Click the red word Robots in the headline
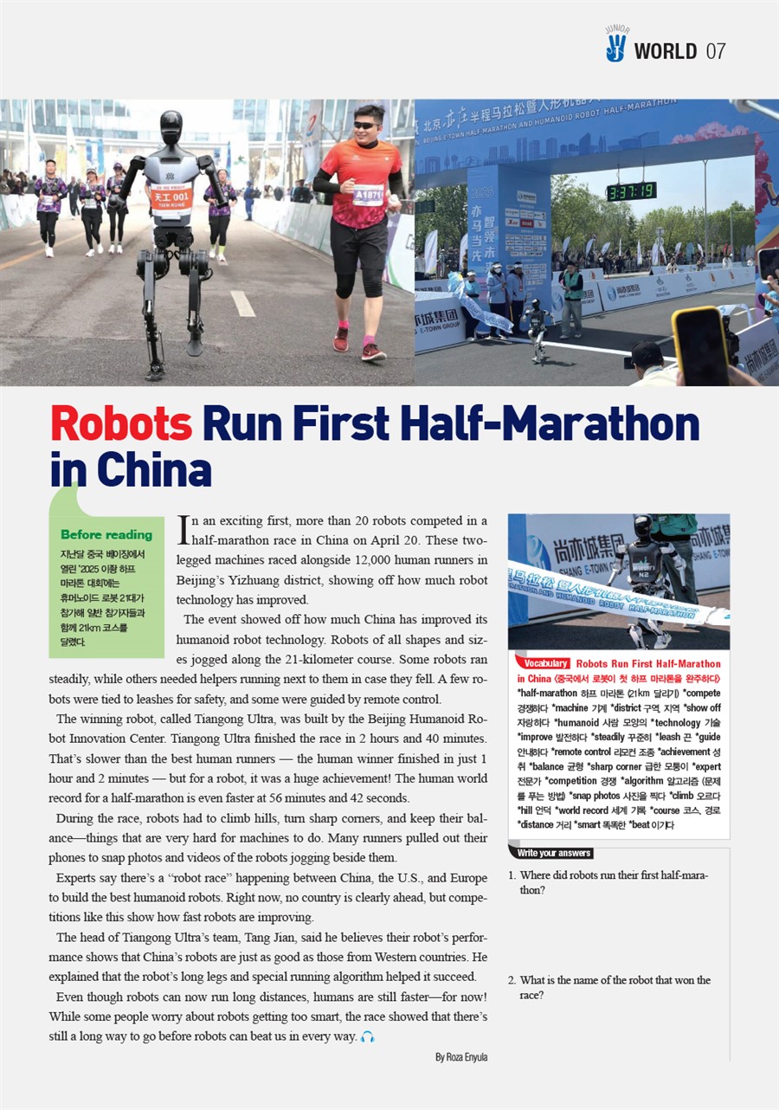(x=121, y=423)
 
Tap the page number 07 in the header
(x=716, y=51)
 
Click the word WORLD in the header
(x=665, y=51)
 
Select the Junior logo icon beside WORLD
(x=615, y=45)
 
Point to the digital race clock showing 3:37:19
(x=631, y=191)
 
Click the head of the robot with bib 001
(x=171, y=127)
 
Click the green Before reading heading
(x=106, y=534)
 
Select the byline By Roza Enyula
(x=461, y=1056)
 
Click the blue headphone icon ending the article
(x=368, y=1036)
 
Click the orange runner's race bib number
(x=367, y=195)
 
